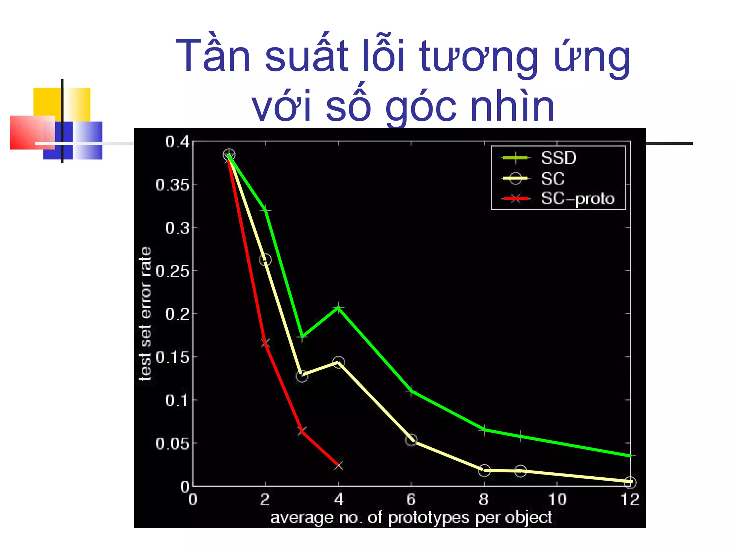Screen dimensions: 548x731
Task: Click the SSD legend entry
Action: point(558,158)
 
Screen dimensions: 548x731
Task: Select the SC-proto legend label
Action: point(578,199)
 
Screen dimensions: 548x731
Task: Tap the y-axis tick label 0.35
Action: point(172,185)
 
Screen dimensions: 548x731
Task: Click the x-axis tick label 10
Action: point(557,500)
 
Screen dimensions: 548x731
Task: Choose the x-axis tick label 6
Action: point(411,500)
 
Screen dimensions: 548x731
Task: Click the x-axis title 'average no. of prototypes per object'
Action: point(411,518)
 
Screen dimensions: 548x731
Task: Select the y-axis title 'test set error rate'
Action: point(145,314)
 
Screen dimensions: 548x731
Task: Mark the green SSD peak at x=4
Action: point(338,307)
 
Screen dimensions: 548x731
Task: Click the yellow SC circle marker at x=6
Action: point(411,440)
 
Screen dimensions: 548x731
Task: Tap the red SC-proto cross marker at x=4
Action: point(338,466)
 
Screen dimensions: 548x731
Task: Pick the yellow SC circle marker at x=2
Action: point(265,260)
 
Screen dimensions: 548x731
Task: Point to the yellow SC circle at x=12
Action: point(630,482)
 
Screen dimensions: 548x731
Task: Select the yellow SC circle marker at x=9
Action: point(520,471)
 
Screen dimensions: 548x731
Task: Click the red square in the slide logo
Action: point(27,132)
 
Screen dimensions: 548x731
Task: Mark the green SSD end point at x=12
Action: point(630,456)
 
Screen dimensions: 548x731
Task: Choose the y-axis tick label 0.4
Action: point(177,142)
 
